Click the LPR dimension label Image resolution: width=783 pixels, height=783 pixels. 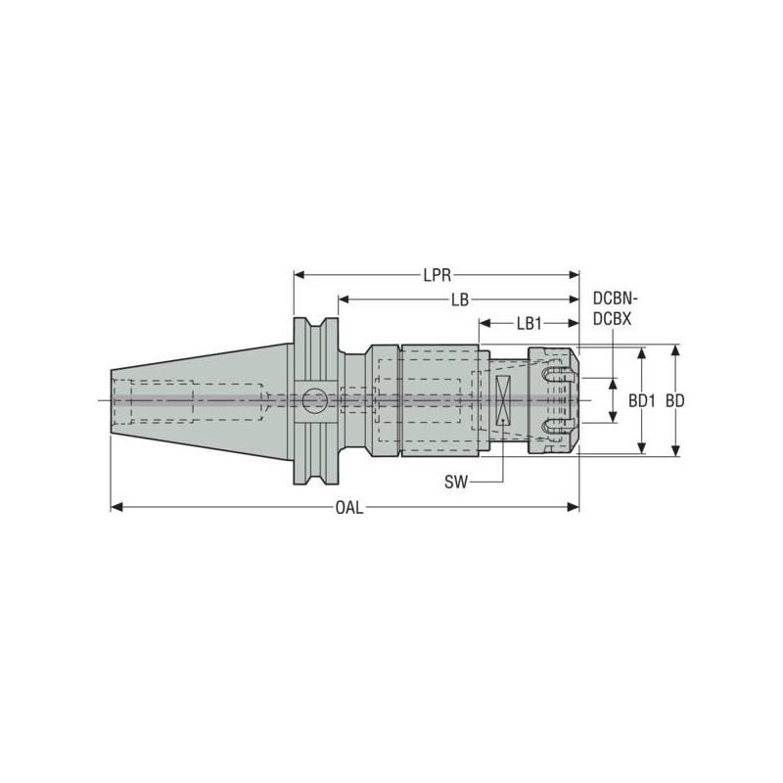[438, 275]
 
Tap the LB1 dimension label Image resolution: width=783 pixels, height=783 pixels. [529, 322]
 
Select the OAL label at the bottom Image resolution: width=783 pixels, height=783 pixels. [347, 508]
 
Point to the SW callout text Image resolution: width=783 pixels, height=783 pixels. [456, 481]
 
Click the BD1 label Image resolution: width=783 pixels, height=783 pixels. [641, 400]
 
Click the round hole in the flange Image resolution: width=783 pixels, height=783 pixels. [314, 399]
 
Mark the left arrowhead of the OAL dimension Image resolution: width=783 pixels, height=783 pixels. [115, 507]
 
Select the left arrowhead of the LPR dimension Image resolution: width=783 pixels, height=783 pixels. [299, 275]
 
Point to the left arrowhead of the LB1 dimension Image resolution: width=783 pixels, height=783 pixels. [484, 322]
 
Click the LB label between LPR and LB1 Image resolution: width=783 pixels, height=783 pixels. [459, 299]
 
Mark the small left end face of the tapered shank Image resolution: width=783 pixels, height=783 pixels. [111, 400]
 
